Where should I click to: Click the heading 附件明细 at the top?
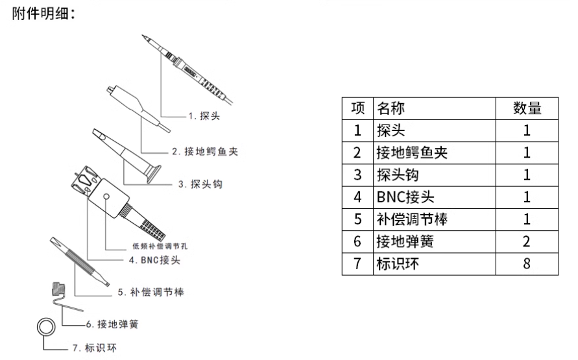click(x=43, y=14)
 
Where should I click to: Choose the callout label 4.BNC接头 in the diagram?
click(x=156, y=261)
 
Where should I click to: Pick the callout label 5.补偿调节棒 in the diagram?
click(x=151, y=293)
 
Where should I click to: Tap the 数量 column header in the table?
click(x=527, y=108)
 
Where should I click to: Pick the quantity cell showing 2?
click(x=527, y=242)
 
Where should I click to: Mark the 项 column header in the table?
click(x=357, y=108)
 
